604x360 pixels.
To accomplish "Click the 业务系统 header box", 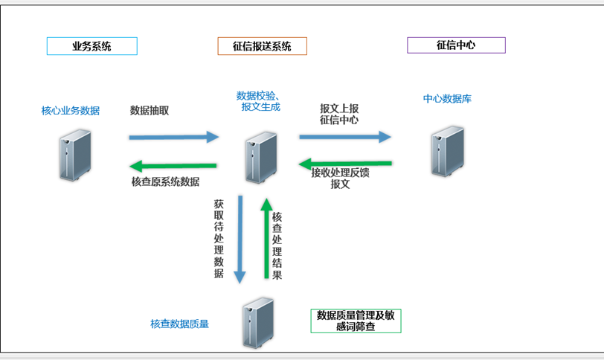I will (91, 46).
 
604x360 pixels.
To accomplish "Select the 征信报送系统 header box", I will (262, 46).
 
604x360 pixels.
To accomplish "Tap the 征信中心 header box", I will (456, 45).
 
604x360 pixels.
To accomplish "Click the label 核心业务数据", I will (71, 111).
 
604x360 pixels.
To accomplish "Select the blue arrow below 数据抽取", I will (174, 137).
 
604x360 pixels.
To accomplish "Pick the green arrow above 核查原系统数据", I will (174, 165).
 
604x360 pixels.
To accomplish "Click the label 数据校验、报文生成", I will (257, 101).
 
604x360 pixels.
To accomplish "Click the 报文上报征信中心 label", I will (338, 113).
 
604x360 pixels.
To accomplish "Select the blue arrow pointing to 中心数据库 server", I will (345, 137).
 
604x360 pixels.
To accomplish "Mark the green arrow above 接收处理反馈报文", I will (345, 163).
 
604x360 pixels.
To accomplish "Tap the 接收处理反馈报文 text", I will (340, 179).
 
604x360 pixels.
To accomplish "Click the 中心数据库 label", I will (447, 98).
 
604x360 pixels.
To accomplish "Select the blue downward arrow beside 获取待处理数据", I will (240, 239).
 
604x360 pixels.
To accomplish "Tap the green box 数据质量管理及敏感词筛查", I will (356, 321).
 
